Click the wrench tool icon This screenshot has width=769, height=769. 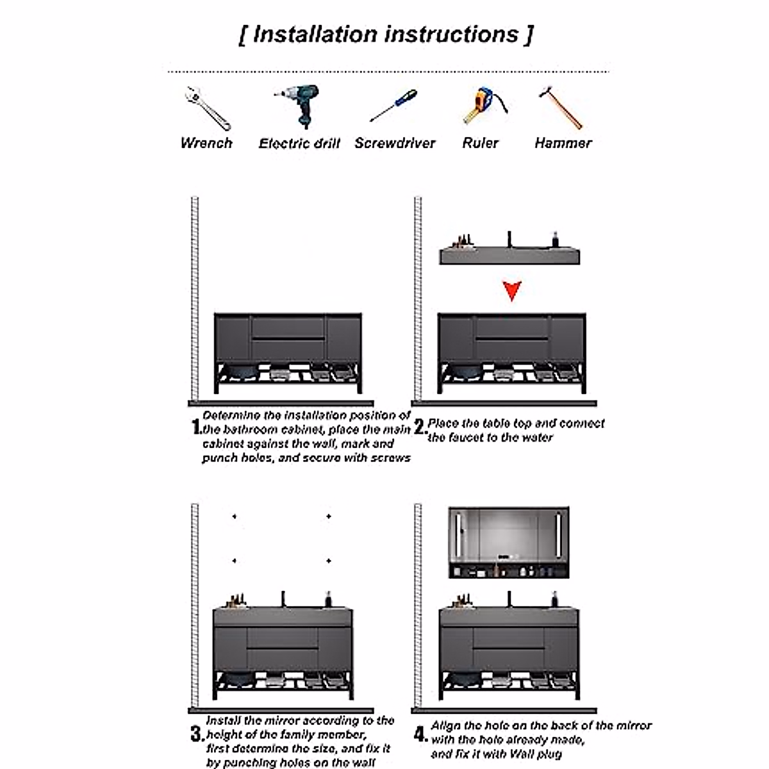206,108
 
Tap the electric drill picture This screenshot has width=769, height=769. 299,105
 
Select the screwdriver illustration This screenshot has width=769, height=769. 393,106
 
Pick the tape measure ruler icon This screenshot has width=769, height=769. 481,106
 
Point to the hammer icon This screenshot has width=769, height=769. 561,107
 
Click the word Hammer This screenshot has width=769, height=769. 563,143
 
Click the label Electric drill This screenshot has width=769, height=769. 299,144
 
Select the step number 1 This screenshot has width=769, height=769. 197,427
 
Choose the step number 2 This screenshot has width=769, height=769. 420,426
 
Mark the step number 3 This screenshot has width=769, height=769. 197,734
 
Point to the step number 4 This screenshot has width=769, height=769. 420,734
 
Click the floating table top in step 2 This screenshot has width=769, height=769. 509,256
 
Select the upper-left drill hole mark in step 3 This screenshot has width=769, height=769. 235,517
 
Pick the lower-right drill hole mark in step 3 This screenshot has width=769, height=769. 329,561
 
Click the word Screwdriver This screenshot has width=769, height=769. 395,144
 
